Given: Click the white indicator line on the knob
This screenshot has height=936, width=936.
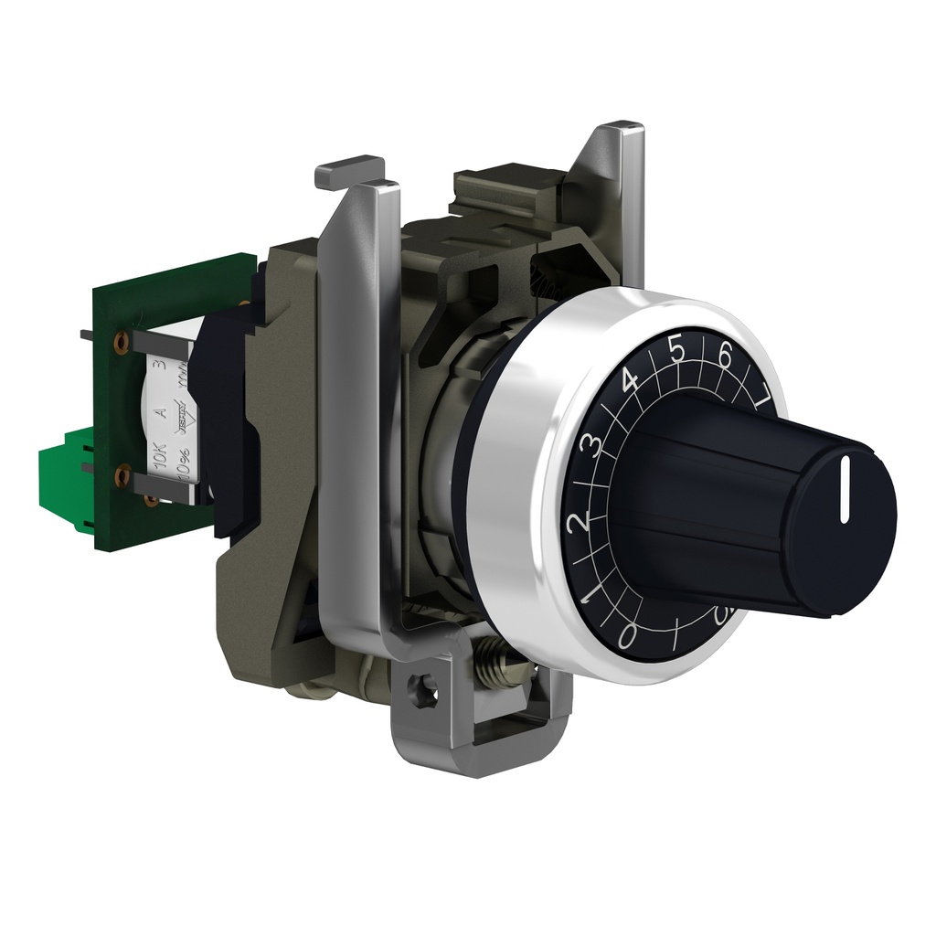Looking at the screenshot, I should [x=845, y=480].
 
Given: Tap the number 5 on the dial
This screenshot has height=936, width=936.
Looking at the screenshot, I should [x=677, y=350].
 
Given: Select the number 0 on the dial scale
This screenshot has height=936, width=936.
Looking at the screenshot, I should [x=627, y=634].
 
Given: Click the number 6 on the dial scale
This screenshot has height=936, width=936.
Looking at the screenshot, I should [x=726, y=356].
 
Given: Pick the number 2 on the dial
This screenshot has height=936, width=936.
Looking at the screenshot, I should [x=576, y=523].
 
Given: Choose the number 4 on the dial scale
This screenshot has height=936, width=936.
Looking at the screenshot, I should [x=630, y=380].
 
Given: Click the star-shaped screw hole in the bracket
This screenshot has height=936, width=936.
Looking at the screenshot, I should [x=421, y=682].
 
